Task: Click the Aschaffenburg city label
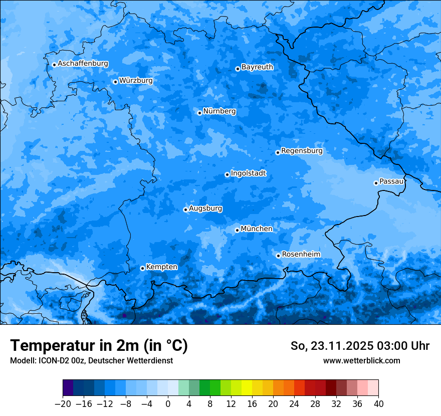[x=83, y=64]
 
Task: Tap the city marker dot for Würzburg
[x=115, y=82]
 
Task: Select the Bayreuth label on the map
[x=257, y=67]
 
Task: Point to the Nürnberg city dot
[x=199, y=113]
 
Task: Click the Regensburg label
[x=302, y=150]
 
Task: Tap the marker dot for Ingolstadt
[x=227, y=174]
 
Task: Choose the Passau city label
[x=391, y=181]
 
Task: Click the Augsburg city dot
[x=185, y=210]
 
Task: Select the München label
[x=257, y=229]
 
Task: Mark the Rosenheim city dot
[x=278, y=256]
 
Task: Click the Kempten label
[x=161, y=267]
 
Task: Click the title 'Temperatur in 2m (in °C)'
[x=99, y=346]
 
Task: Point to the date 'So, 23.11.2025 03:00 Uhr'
[x=360, y=346]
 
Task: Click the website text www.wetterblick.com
[x=361, y=360]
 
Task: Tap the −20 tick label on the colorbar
[x=63, y=404]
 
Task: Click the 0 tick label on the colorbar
[x=168, y=404]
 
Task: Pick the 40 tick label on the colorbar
[x=378, y=404]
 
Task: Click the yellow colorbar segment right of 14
[x=247, y=388]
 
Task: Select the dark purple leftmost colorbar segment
[x=68, y=388]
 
